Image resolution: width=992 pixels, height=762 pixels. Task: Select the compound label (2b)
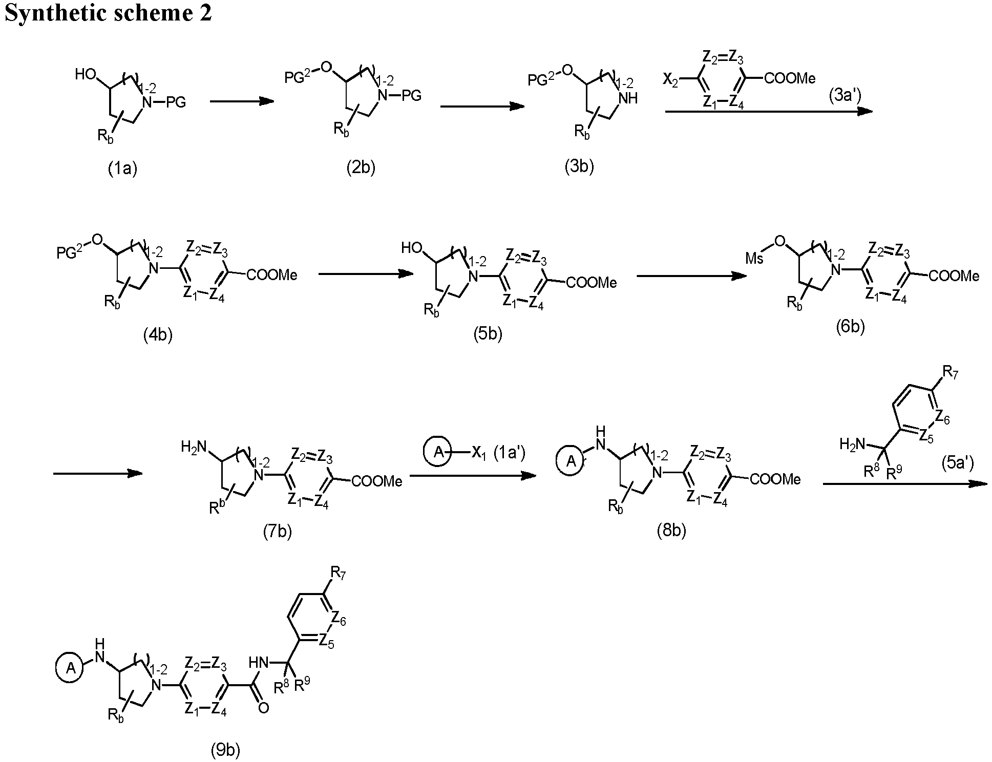coord(361,167)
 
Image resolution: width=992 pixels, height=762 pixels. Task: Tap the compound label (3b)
coord(579,166)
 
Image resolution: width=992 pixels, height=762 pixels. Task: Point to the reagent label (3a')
coord(845,96)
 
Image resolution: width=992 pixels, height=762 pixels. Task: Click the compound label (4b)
coord(158,335)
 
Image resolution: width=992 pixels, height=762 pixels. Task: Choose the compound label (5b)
coord(488,334)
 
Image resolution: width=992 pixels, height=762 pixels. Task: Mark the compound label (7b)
coord(277,532)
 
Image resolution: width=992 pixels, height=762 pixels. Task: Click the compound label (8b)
coord(671,531)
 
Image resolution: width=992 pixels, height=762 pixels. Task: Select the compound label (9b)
coord(225,750)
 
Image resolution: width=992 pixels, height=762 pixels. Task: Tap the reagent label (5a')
coord(957,463)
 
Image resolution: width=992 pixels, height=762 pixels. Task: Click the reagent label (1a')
coord(509,453)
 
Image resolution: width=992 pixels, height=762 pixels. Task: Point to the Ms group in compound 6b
coord(754,258)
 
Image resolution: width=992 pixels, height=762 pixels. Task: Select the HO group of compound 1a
coord(86,74)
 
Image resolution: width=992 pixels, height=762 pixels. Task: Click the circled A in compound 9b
coord(72,668)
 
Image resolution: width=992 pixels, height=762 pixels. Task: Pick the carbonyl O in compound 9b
coord(264,708)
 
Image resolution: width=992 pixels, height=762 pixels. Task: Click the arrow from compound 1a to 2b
coord(242,101)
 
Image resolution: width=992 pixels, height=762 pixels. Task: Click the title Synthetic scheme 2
coord(108,12)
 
